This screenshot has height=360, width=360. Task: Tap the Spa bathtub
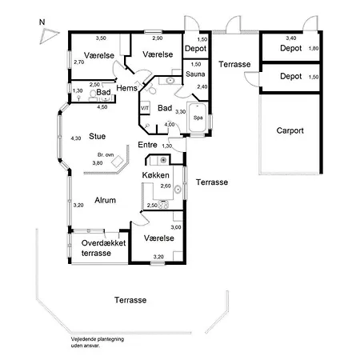pyautogui.click(x=198, y=118)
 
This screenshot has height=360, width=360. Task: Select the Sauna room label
pyautogui.click(x=195, y=74)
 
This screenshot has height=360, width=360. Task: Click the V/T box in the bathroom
pyautogui.click(x=145, y=108)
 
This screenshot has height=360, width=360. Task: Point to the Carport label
pyautogui.click(x=290, y=130)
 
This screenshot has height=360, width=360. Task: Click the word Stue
pyautogui.click(x=97, y=136)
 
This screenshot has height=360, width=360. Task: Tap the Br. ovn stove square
pyautogui.click(x=118, y=162)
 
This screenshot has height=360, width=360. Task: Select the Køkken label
pyautogui.click(x=155, y=175)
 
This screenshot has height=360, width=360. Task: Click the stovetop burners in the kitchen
pyautogui.click(x=163, y=205)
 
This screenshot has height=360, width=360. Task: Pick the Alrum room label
pyautogui.click(x=105, y=200)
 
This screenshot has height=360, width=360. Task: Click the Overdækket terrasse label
pyautogui.click(x=103, y=248)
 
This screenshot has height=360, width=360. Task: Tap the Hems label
pyautogui.click(x=126, y=88)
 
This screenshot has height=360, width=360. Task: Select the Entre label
pyautogui.click(x=147, y=145)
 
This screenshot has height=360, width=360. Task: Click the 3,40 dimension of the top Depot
pyautogui.click(x=291, y=38)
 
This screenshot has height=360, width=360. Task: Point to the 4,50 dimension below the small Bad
pyautogui.click(x=102, y=107)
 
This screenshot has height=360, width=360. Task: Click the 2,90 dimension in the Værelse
pyautogui.click(x=158, y=38)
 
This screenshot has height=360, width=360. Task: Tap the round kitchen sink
pyautogui.click(x=178, y=190)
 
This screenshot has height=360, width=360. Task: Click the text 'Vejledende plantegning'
pyautogui.click(x=98, y=339)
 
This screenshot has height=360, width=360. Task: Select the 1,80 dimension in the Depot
pyautogui.click(x=314, y=48)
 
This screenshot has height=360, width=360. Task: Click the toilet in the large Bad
pyautogui.click(x=151, y=89)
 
